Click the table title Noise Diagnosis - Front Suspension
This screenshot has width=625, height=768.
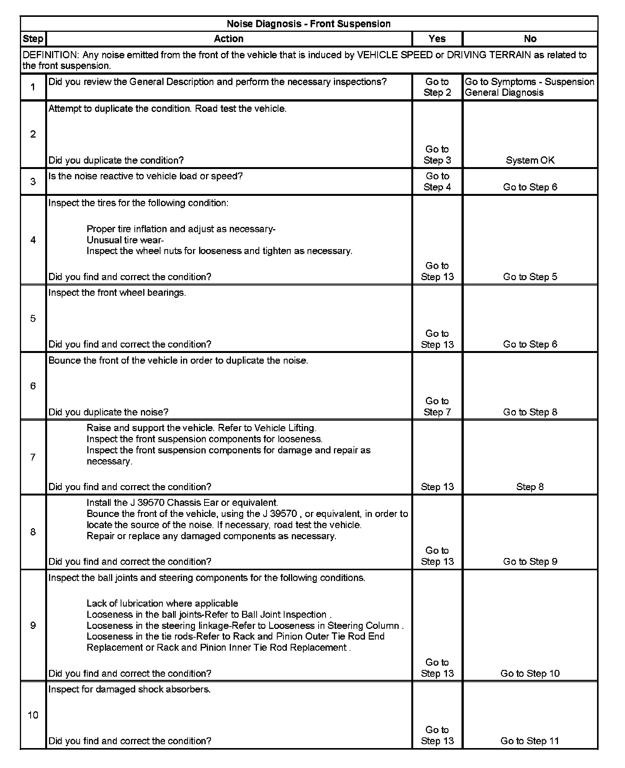tap(308, 24)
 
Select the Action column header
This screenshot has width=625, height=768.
tap(229, 39)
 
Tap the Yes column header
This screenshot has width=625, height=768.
tap(437, 39)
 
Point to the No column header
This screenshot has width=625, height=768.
tap(530, 39)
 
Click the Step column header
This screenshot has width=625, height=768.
tap(33, 39)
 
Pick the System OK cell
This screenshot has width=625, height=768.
tap(530, 160)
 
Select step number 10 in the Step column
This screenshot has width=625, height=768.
tap(33, 715)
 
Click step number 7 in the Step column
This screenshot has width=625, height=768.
tap(33, 457)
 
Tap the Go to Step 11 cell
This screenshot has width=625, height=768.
tap(530, 741)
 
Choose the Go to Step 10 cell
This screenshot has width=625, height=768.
tap(530, 673)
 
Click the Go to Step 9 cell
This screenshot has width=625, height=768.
tap(530, 561)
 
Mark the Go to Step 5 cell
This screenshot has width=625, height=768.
tap(530, 277)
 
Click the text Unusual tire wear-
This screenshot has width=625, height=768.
tap(125, 240)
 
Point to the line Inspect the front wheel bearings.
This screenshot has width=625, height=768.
tap(117, 293)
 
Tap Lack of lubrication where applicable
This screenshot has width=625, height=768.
tap(162, 603)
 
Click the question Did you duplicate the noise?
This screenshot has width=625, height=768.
tap(108, 412)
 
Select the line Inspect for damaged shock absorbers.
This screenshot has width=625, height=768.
tap(129, 689)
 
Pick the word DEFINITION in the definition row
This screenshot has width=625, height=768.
tap(50, 55)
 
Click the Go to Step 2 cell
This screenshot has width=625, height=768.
tap(437, 87)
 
